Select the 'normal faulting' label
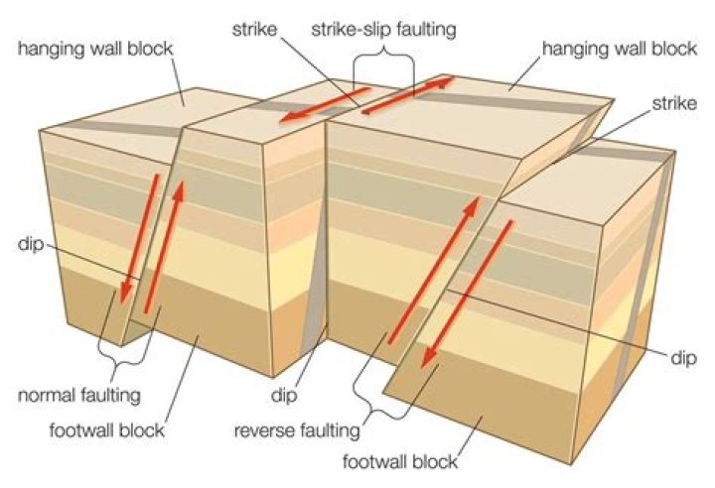(79, 395)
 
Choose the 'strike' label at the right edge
(676, 102)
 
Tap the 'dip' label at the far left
(27, 243)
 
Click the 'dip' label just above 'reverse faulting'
(286, 395)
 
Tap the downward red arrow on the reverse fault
(470, 295)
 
